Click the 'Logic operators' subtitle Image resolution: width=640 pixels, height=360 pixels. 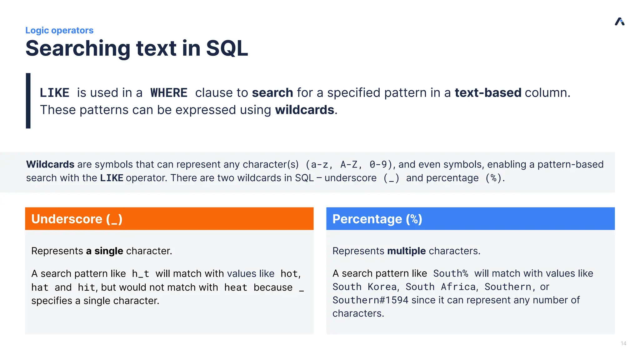pos(59,30)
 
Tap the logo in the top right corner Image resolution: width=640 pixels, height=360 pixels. pos(619,22)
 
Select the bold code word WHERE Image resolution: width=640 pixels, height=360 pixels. pos(169,93)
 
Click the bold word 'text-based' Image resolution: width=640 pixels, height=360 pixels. pos(488,93)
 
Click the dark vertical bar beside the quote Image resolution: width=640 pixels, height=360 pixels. pos(28,101)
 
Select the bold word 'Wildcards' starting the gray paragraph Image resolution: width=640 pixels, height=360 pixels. pos(50,164)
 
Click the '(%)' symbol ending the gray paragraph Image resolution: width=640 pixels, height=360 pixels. pos(493,178)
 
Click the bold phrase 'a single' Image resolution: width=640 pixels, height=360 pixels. pos(104,251)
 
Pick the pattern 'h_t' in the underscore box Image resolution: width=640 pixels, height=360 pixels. pos(140,274)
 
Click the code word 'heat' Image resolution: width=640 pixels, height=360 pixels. pos(236,287)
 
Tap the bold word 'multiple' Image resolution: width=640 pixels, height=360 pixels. pos(406,251)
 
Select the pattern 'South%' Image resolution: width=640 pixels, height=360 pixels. pos(450,273)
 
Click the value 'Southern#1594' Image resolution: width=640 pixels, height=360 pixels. pos(370,300)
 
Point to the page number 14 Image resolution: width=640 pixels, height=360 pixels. pos(623,343)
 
